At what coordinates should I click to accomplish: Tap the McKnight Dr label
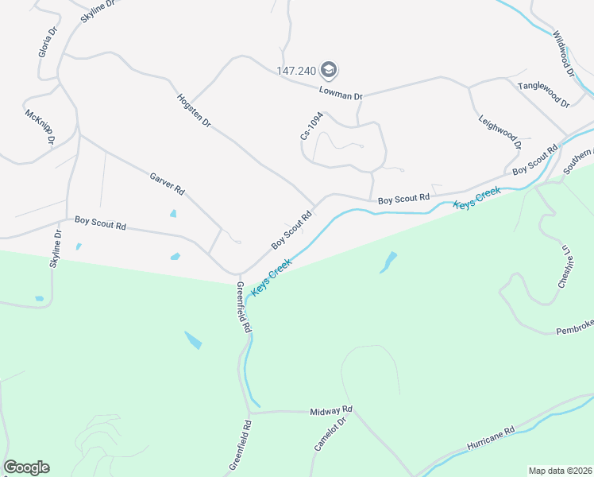(x=40, y=126)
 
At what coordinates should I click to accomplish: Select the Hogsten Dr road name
(x=194, y=111)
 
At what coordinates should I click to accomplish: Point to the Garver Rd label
(x=167, y=184)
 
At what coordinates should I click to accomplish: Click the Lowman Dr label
(x=341, y=93)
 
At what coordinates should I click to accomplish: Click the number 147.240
(x=297, y=70)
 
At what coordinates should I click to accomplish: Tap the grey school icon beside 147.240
(x=330, y=70)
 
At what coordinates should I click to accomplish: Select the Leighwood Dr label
(x=499, y=130)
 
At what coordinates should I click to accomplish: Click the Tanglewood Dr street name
(x=543, y=95)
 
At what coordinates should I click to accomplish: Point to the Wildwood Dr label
(x=564, y=53)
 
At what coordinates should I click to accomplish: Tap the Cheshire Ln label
(x=565, y=271)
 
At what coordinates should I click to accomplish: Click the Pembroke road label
(x=574, y=330)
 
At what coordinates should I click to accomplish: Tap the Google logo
(x=26, y=467)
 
